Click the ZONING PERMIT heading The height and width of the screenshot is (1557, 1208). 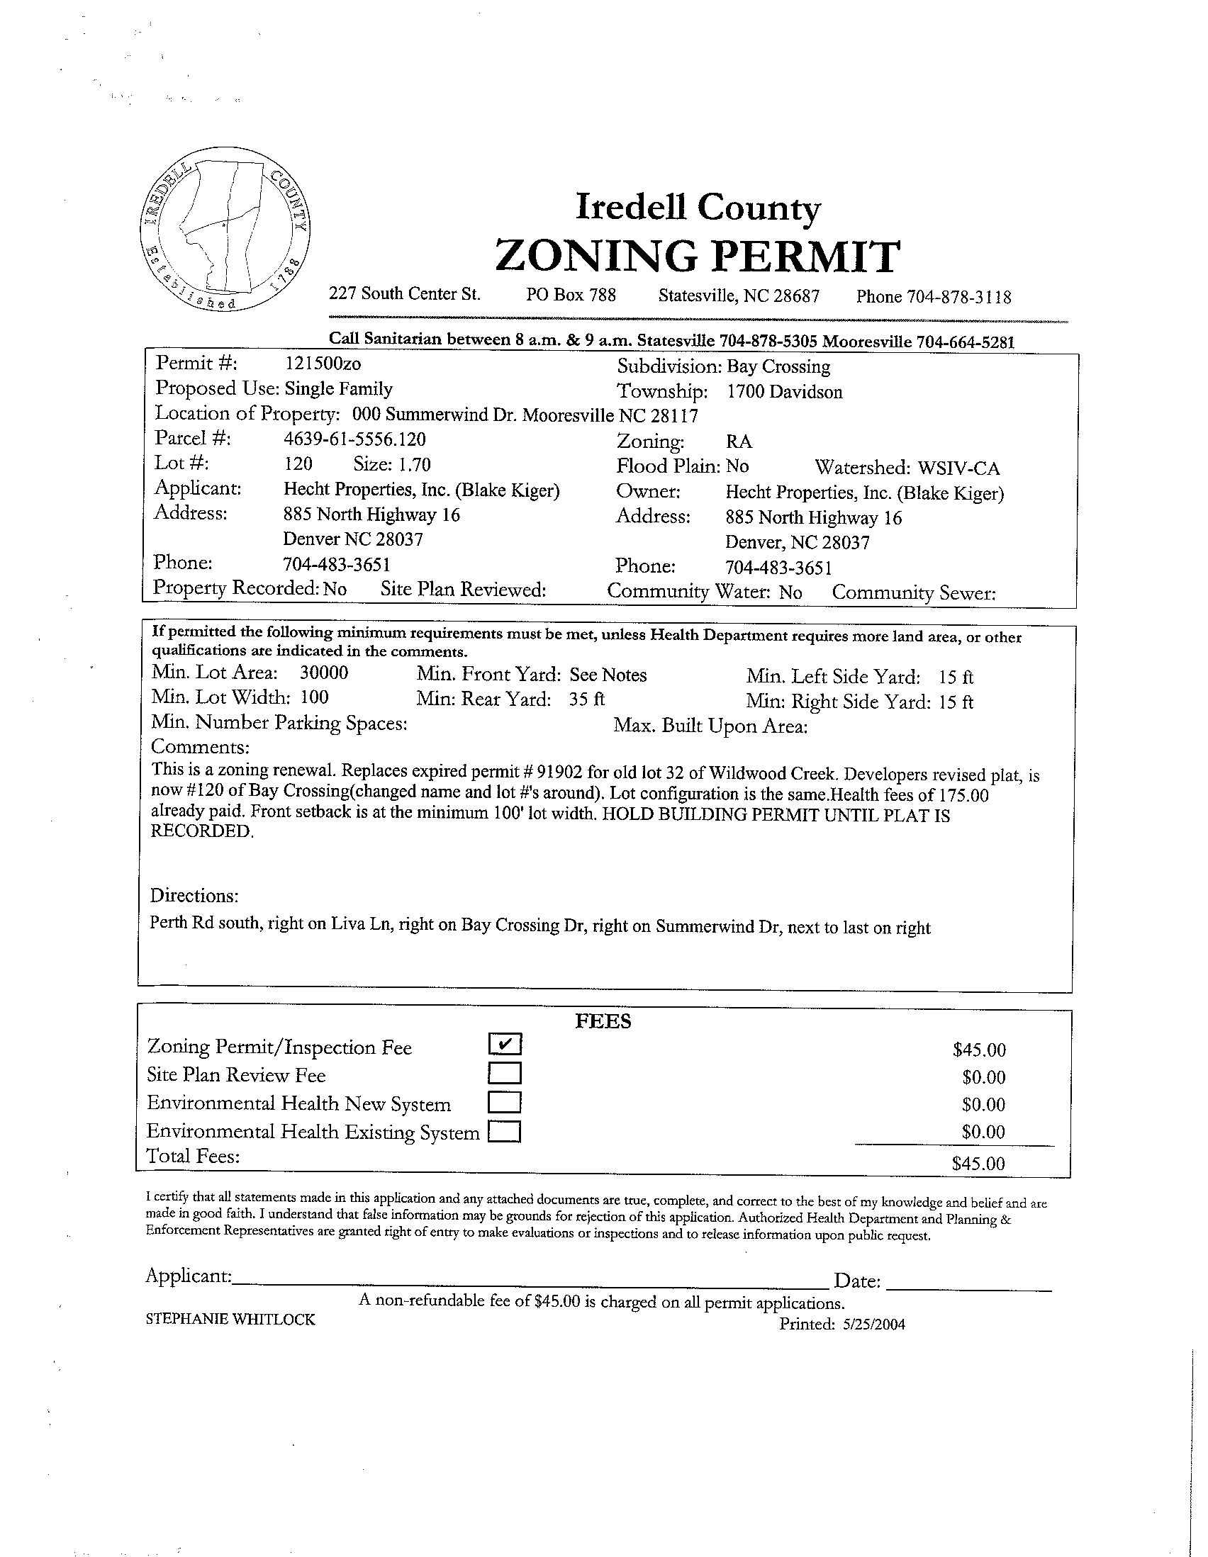(x=697, y=257)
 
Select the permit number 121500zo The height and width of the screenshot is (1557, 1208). (x=323, y=364)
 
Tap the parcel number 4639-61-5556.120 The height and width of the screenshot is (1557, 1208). (x=354, y=439)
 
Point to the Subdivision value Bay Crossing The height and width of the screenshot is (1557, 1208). (x=778, y=367)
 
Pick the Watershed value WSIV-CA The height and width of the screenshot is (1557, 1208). (x=958, y=468)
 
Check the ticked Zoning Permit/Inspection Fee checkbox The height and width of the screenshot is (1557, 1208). (x=505, y=1044)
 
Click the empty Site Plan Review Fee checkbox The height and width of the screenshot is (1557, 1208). (x=505, y=1073)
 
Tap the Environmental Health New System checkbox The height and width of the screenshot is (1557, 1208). (x=505, y=1102)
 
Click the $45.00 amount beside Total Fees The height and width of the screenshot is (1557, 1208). (x=978, y=1164)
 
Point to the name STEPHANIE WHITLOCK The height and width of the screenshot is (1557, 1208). (x=230, y=1320)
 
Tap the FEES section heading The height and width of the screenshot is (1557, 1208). (x=603, y=1022)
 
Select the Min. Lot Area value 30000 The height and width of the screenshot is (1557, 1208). (x=324, y=673)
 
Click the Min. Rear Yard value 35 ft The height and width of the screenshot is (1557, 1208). (x=586, y=699)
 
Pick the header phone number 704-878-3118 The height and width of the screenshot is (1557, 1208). (x=958, y=297)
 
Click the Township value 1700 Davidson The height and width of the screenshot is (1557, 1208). (x=784, y=392)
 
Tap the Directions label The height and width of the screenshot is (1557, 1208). (x=194, y=895)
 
